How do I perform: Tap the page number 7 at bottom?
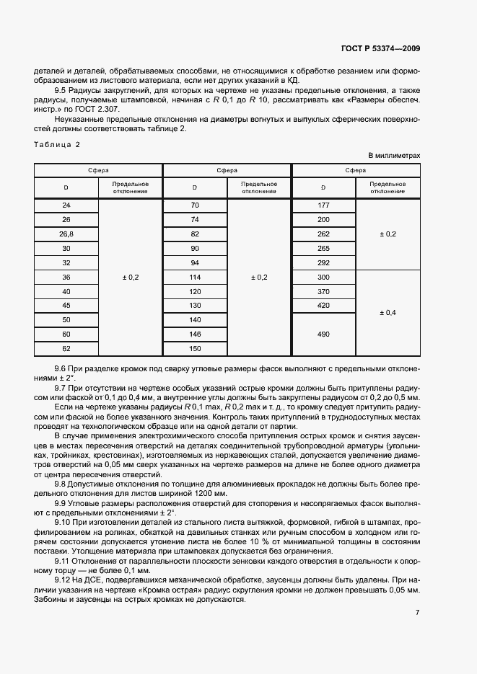click(x=417, y=612)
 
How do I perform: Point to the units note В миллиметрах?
click(x=394, y=155)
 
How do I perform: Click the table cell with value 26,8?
click(x=66, y=234)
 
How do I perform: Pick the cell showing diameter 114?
click(x=195, y=277)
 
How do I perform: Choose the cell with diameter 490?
click(x=323, y=334)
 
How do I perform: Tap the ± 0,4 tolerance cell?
click(x=388, y=313)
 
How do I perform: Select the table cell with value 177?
click(x=323, y=205)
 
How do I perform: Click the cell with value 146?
click(x=195, y=334)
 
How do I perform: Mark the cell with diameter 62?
click(x=66, y=349)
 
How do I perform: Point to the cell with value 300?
click(x=323, y=277)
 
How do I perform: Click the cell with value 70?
click(x=195, y=205)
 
